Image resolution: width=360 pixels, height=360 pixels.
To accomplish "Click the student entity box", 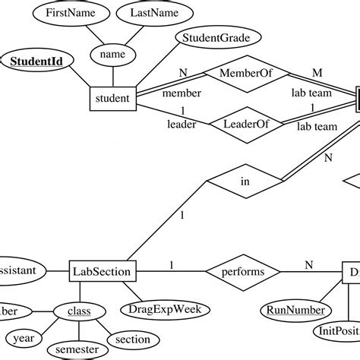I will [x=113, y=98].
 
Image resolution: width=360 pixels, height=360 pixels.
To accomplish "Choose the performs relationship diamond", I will [x=243, y=270].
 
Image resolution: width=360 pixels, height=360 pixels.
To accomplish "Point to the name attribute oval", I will [x=112, y=54].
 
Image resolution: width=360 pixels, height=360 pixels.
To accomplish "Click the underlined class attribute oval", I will [x=77, y=311].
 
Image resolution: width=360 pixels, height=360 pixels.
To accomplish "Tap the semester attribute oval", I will [x=77, y=349].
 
